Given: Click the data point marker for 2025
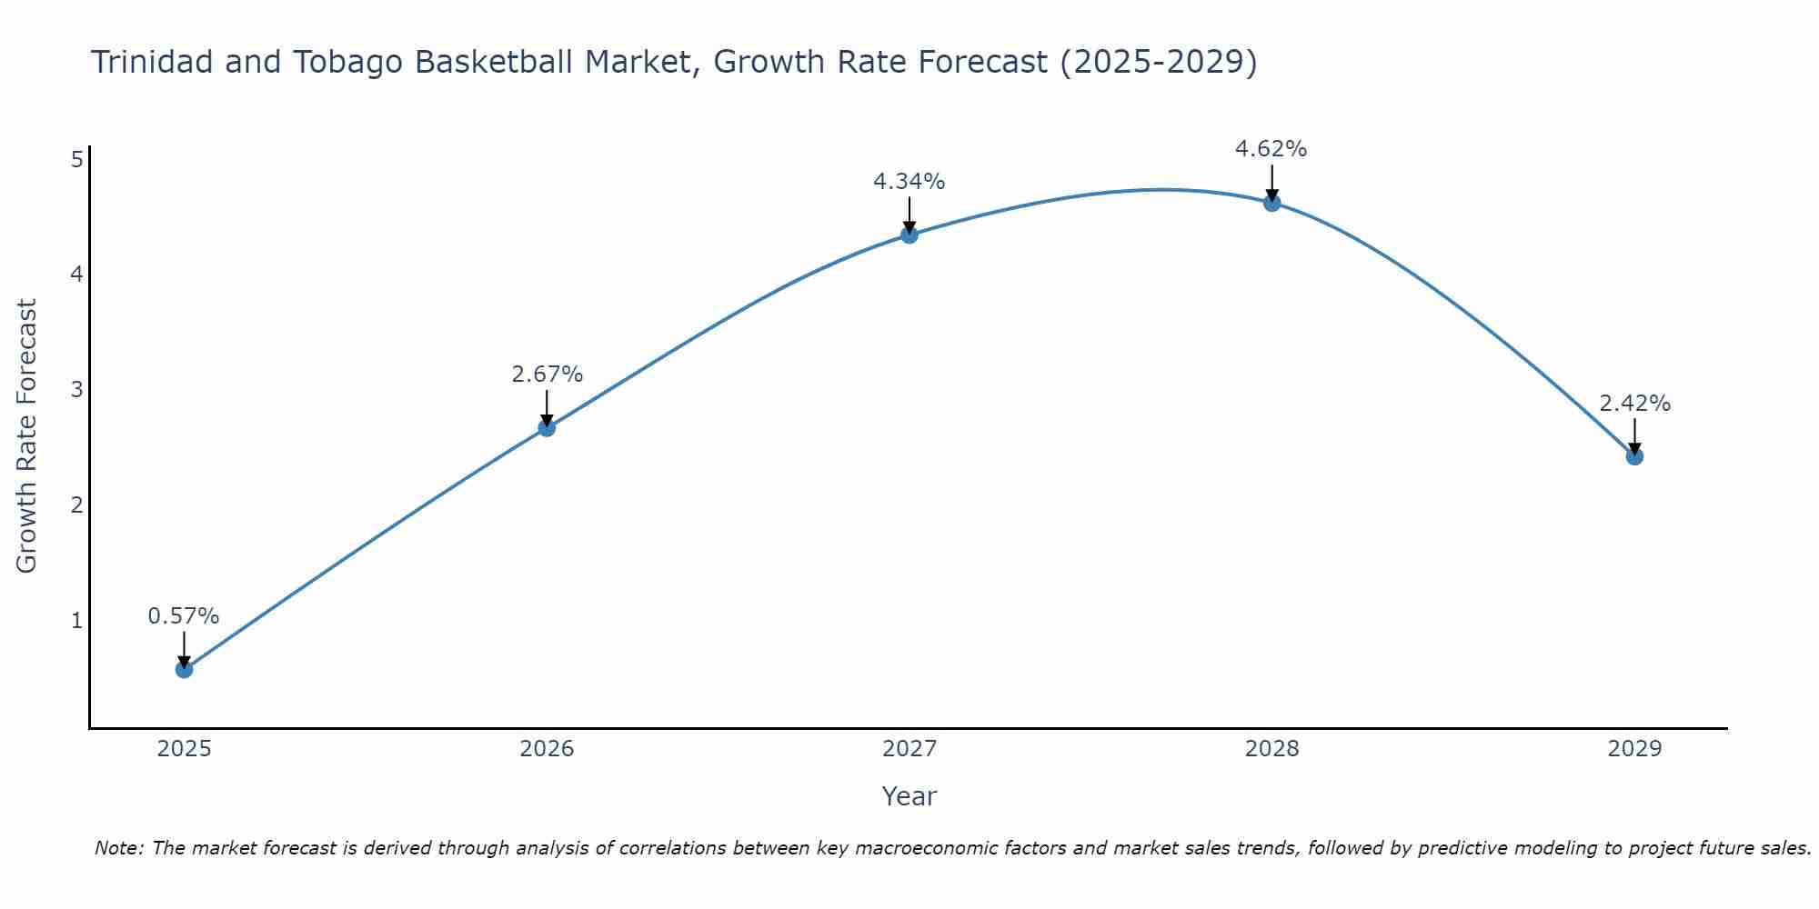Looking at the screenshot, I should pos(184,670).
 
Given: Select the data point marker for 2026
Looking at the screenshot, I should pos(547,428).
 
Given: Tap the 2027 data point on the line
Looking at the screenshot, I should pos(909,235).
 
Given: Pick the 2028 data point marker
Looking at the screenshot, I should pos(1272,203).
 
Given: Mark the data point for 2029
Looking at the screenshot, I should pos(1634,456).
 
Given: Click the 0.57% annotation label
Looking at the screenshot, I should pos(184,616).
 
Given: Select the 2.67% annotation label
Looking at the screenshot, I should pos(547,375).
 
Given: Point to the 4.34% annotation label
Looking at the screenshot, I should pos(909,182).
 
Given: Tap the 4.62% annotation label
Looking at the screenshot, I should pos(1271,149).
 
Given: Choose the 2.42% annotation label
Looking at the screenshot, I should pos(1634,404).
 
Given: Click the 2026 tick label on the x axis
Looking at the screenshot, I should pos(547,749).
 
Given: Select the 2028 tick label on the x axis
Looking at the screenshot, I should pos(1272,749).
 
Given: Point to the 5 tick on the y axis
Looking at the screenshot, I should pos(77,160).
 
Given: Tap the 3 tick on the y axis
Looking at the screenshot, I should pos(77,390).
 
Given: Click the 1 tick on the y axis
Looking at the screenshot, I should pos(77,621).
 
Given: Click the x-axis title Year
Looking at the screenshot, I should pos(909,796).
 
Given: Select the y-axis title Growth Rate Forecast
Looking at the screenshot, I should pos(27,436).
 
